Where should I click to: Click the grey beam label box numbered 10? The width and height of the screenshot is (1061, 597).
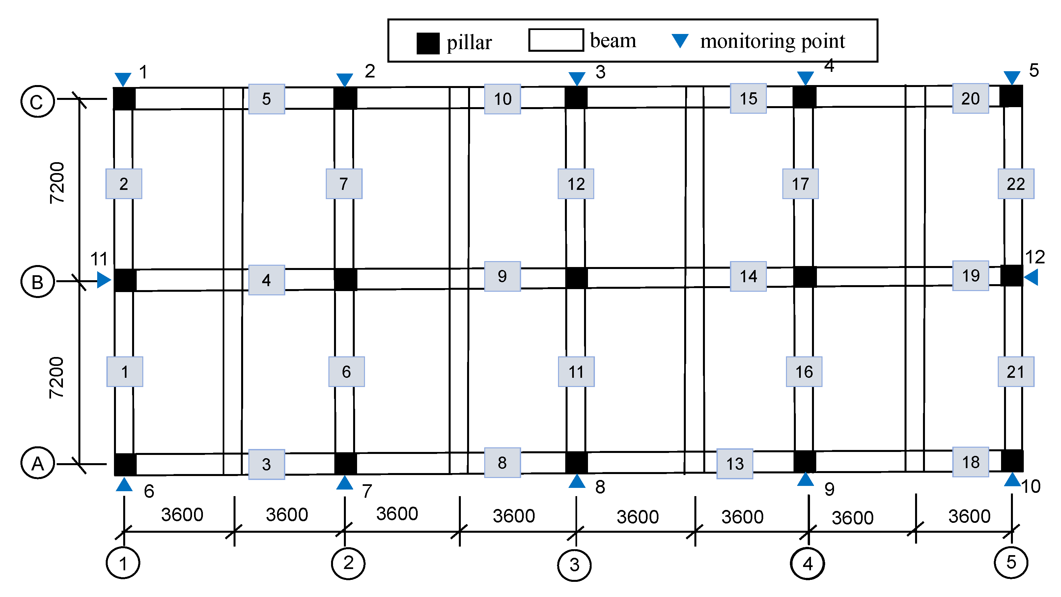click(x=502, y=99)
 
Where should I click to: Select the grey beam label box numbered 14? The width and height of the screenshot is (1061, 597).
click(x=748, y=276)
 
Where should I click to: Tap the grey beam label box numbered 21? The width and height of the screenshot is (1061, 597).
click(x=1015, y=372)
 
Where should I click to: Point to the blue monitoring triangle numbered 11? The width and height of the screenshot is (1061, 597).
click(x=103, y=280)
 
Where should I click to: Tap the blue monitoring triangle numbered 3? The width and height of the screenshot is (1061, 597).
click(x=577, y=77)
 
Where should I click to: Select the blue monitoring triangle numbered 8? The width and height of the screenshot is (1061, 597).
click(x=577, y=482)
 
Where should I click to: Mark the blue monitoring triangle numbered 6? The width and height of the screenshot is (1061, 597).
click(x=124, y=485)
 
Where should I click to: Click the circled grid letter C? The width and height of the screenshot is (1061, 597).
click(x=38, y=102)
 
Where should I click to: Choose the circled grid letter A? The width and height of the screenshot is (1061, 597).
click(x=38, y=463)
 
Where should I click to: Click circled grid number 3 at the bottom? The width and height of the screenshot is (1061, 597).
click(x=574, y=565)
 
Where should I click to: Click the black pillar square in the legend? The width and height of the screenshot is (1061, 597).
click(x=428, y=43)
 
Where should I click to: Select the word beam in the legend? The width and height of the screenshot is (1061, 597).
click(x=613, y=41)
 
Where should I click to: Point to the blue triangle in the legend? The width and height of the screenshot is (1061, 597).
click(x=680, y=40)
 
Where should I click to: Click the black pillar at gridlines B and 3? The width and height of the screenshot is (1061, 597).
click(x=576, y=278)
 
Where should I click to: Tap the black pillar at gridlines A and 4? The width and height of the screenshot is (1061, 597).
click(x=804, y=462)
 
